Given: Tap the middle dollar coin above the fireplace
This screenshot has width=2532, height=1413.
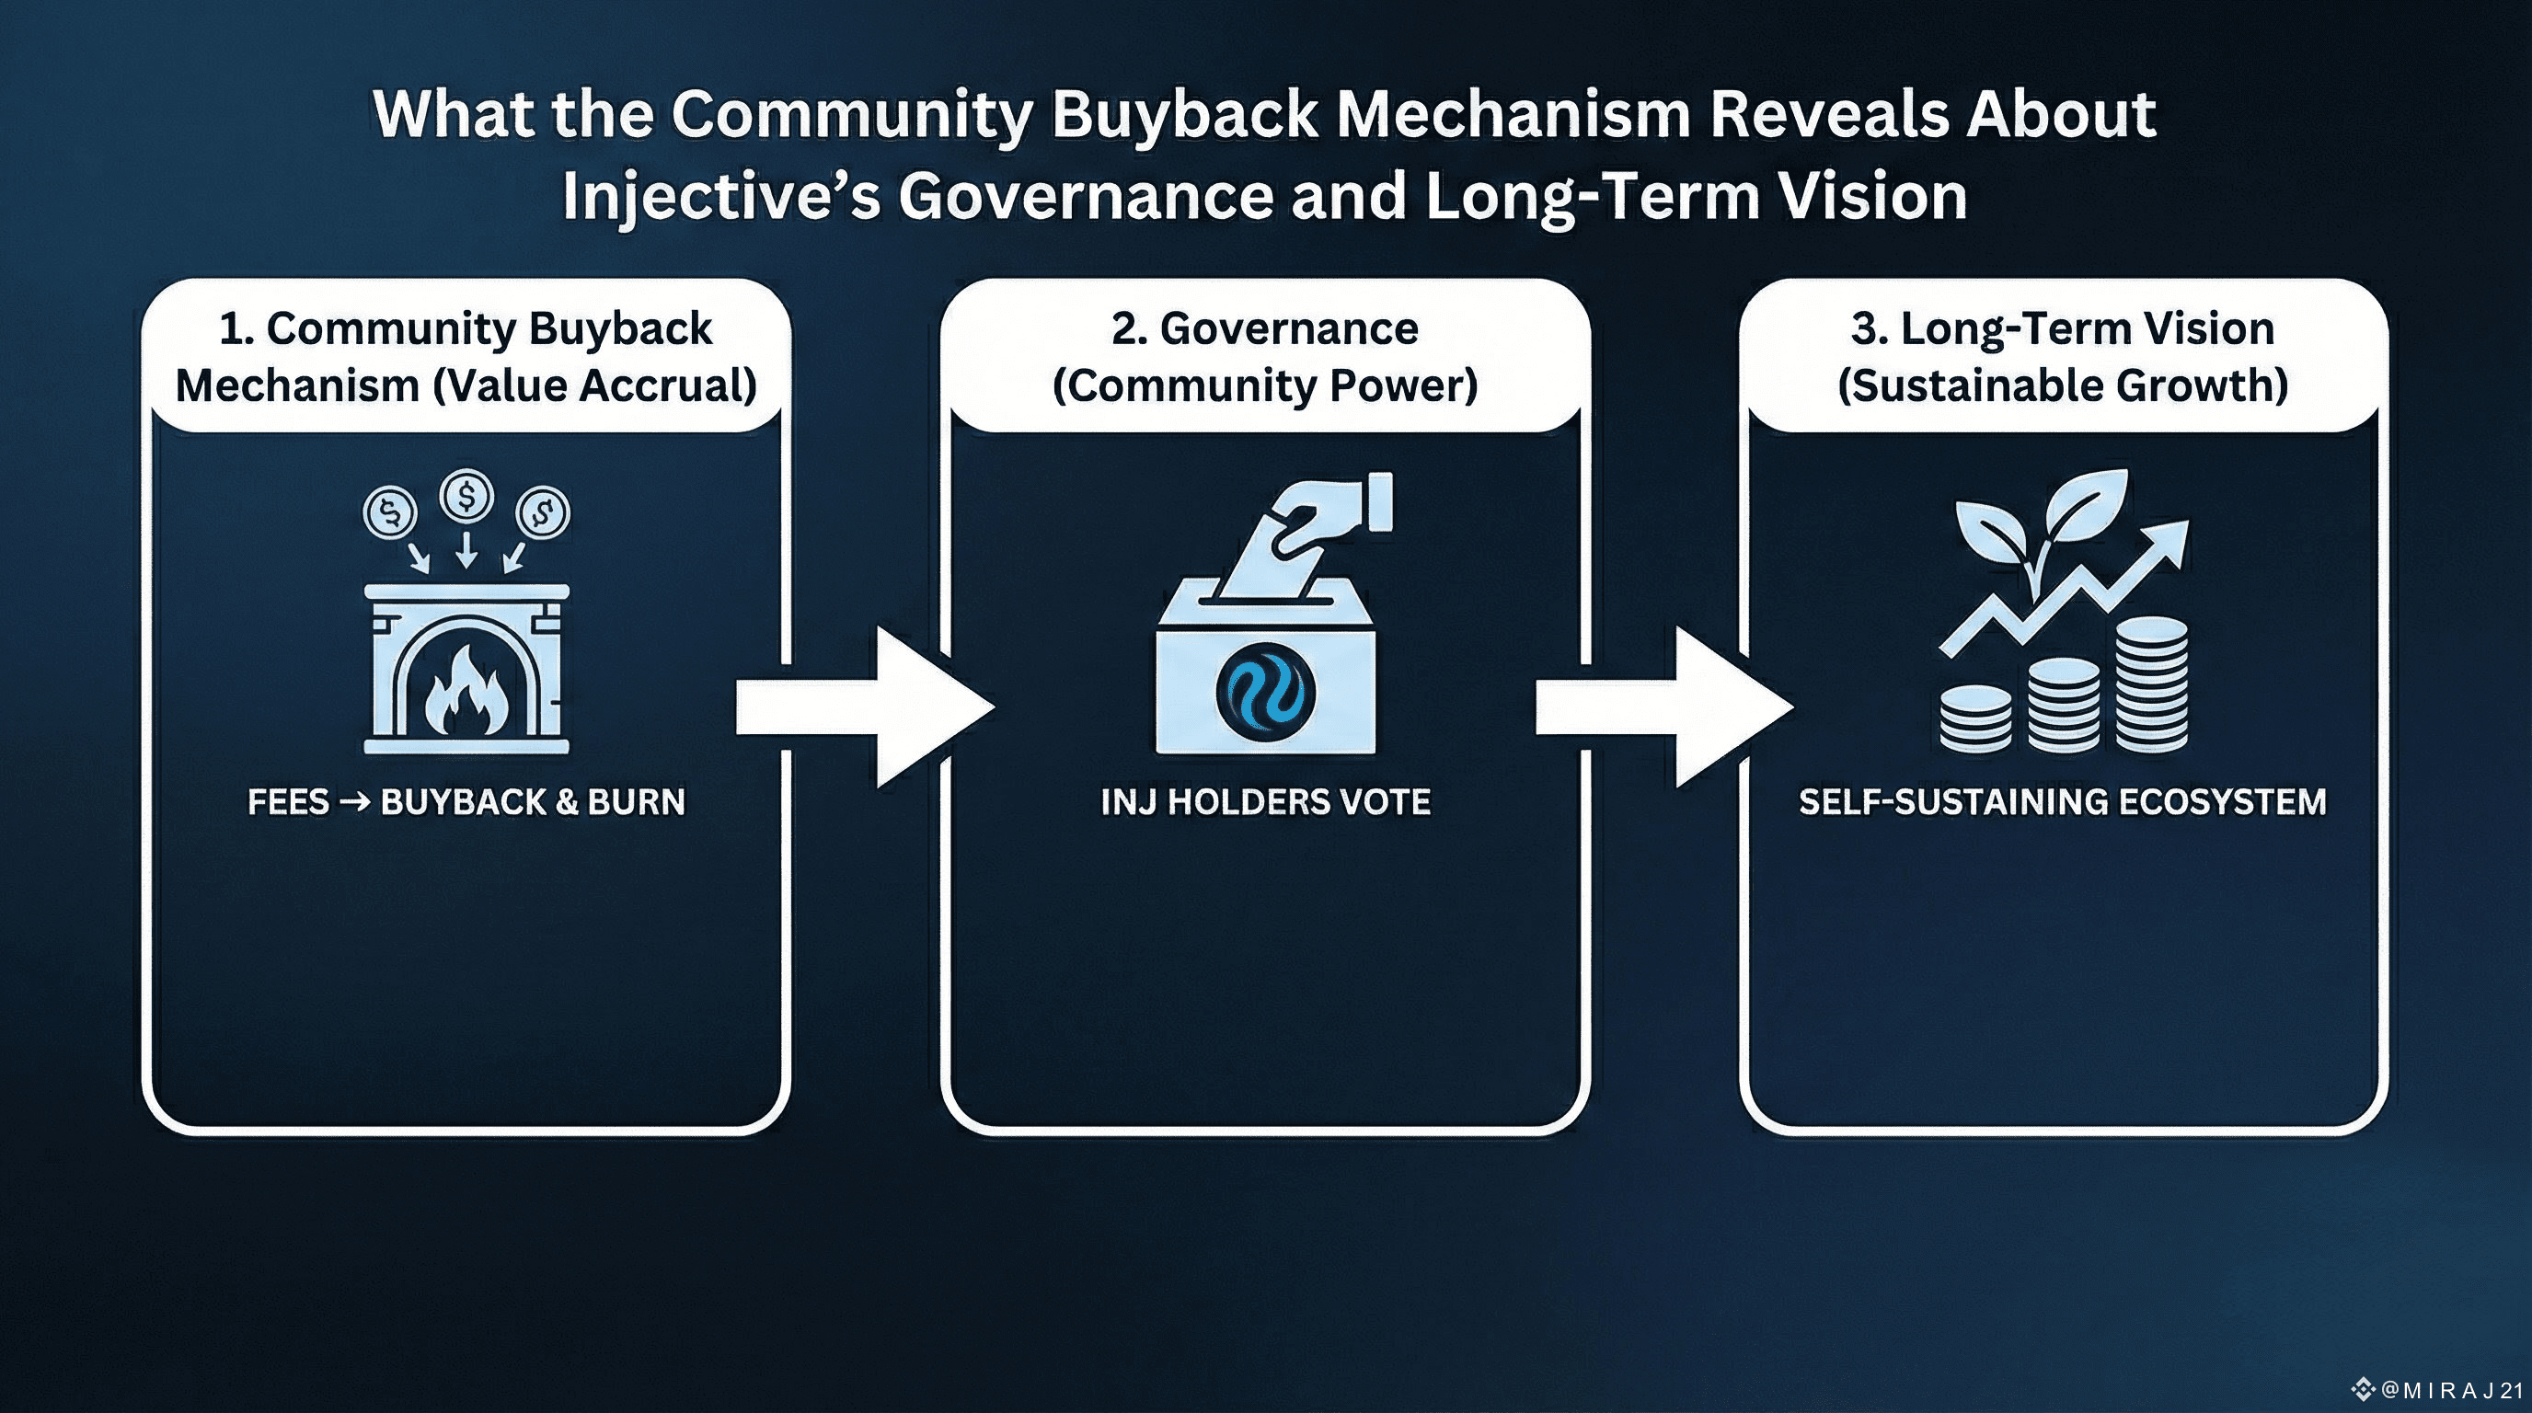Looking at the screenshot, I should pyautogui.click(x=466, y=495).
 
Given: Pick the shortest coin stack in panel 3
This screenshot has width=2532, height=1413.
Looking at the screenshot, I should pyautogui.click(x=1975, y=719).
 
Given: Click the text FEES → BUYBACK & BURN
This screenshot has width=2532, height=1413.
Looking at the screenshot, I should pyautogui.click(x=466, y=802).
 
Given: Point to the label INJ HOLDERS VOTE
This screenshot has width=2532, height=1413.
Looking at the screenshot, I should pyautogui.click(x=1265, y=802).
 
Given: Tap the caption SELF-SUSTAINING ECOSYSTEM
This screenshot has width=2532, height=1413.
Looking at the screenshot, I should pyautogui.click(x=2062, y=802).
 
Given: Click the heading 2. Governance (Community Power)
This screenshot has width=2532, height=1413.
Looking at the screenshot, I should pyautogui.click(x=1265, y=356).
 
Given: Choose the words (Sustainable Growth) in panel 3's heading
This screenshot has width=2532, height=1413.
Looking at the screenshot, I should pyautogui.click(x=2062, y=385).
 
